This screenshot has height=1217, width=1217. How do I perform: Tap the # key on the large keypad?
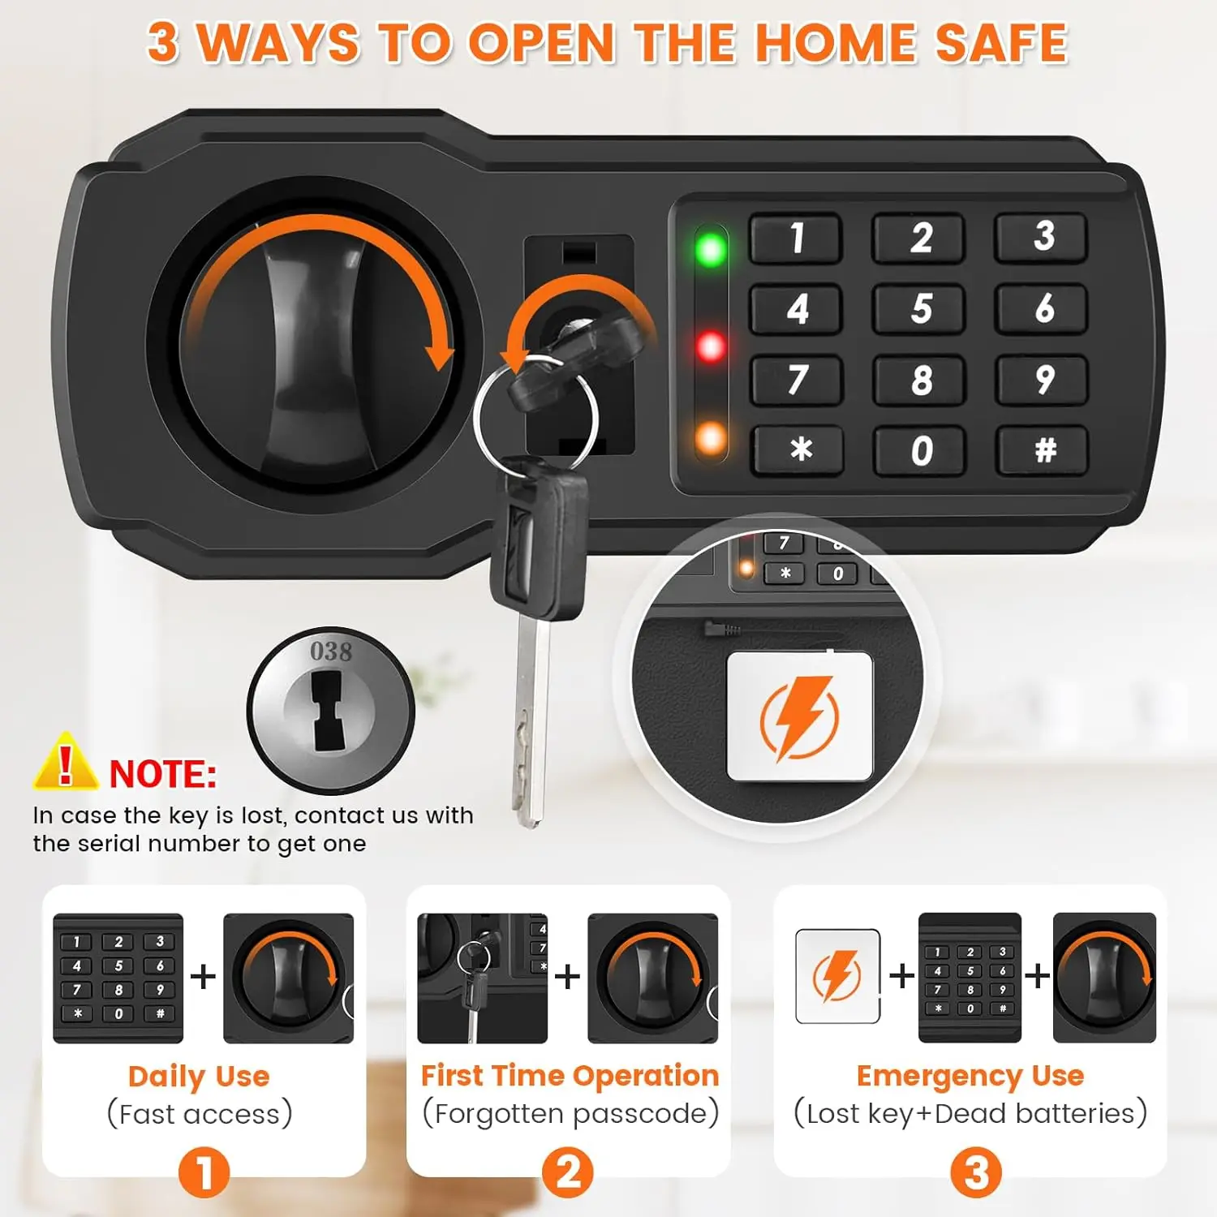coord(1044,449)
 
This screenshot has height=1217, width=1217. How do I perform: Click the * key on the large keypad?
coord(800,449)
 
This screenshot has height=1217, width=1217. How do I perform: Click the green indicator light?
coord(712,250)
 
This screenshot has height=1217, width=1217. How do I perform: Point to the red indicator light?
coord(712,347)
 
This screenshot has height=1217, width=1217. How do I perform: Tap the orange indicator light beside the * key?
coord(712,439)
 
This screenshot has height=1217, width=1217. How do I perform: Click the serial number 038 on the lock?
coord(331,652)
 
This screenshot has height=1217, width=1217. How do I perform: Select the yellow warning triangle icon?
coord(65,763)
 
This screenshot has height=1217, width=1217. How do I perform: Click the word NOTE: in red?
coord(163,775)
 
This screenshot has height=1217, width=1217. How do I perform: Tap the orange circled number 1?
coord(204,1172)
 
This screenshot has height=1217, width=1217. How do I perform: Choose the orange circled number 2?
coord(568,1172)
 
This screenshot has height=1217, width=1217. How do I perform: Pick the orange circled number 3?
coord(976,1172)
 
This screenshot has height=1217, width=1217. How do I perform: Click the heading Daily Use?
coord(199,1077)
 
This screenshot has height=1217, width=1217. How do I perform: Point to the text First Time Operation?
coord(570,1076)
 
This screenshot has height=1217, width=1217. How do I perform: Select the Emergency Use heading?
coord(970,1076)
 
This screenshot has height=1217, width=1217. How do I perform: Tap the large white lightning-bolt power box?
coord(799,717)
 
